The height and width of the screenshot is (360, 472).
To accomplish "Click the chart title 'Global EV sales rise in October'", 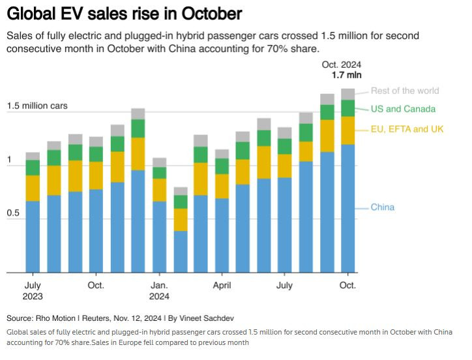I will tap(123, 13).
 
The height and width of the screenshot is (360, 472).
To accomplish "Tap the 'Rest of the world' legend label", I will tap(405, 91).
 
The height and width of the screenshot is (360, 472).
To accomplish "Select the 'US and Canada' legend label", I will tap(403, 109).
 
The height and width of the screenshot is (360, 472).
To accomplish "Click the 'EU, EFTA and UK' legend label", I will tap(407, 129).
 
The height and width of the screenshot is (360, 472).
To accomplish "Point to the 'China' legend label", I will tap(383, 207).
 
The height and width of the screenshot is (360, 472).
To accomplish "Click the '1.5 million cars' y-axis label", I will tap(37, 106).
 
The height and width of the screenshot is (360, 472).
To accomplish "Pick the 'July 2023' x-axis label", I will tap(33, 291).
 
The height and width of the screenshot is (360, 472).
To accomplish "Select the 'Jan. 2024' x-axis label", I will tap(160, 291).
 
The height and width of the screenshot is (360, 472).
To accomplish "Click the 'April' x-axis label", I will tap(222, 286).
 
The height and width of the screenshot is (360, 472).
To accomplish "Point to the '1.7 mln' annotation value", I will tap(347, 75).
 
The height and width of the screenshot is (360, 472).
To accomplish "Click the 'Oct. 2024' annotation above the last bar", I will tap(342, 65).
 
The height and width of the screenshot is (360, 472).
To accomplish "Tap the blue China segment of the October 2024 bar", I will tap(347, 209).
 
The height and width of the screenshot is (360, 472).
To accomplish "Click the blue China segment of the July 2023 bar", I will tap(33, 237).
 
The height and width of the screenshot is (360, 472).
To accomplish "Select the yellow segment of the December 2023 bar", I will tap(138, 154).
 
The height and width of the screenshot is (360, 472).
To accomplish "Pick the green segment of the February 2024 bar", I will tap(181, 202).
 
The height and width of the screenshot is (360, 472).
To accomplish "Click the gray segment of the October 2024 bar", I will tap(347, 94).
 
